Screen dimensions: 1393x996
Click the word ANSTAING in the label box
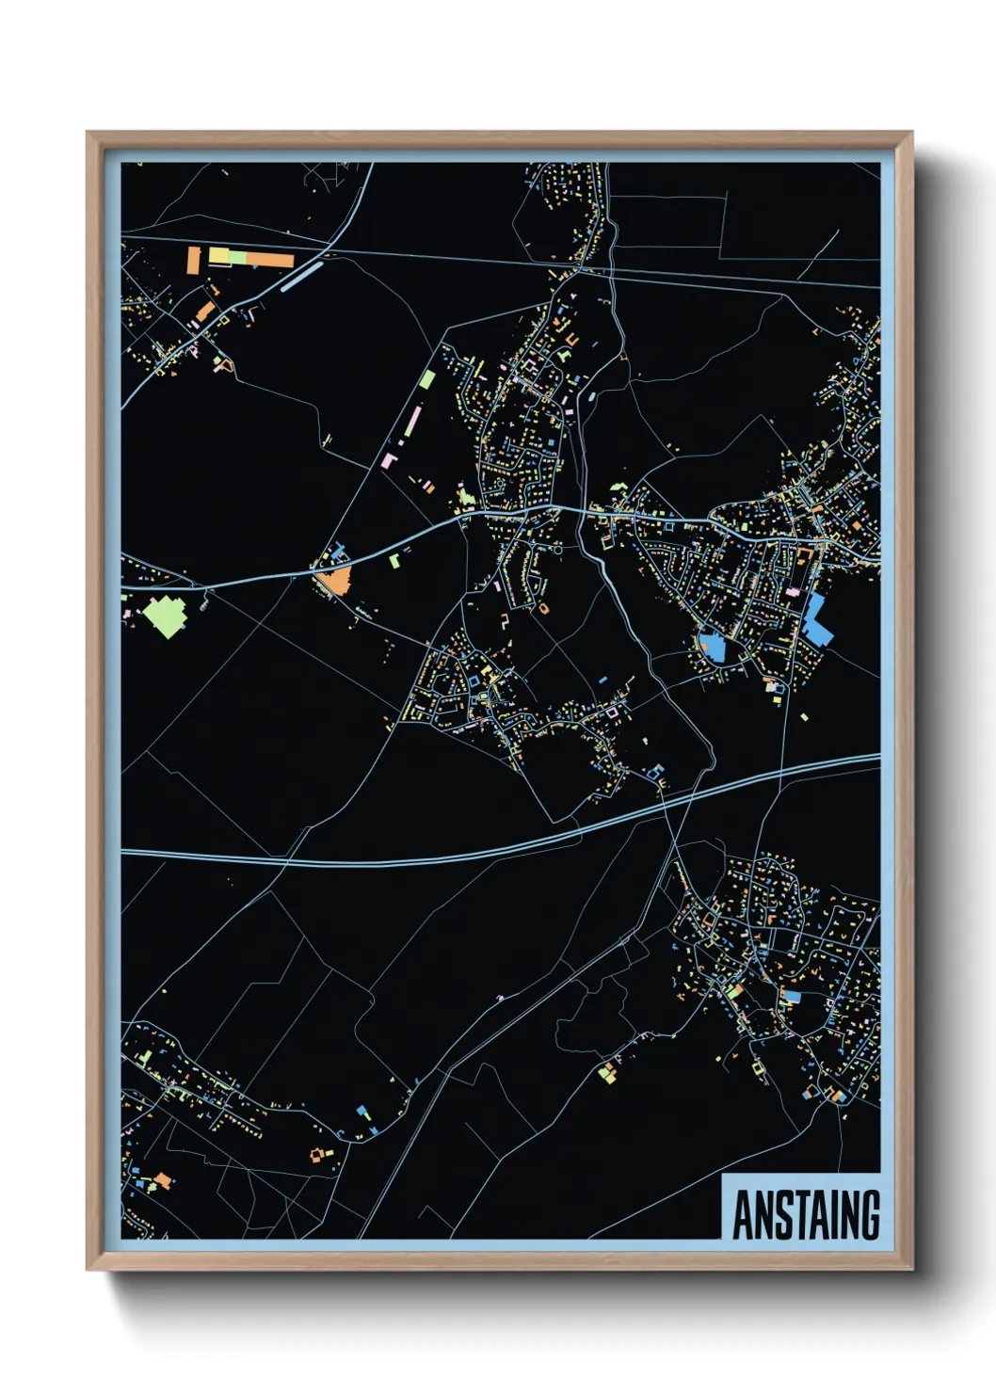(x=806, y=1215)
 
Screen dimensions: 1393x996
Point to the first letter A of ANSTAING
(x=744, y=1215)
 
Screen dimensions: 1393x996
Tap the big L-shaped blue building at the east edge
(x=815, y=620)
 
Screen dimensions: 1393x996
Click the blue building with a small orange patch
(x=711, y=646)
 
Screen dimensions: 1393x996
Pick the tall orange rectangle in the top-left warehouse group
(x=194, y=261)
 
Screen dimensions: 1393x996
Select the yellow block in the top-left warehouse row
(x=219, y=255)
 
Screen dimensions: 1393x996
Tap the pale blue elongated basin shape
(x=301, y=275)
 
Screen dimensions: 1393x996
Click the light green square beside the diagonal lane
(x=427, y=379)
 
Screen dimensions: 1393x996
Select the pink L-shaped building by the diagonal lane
(x=389, y=461)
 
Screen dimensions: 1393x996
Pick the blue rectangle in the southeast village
(x=791, y=996)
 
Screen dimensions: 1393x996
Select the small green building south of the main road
(x=394, y=561)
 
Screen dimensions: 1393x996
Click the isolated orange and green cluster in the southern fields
(x=609, y=1071)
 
